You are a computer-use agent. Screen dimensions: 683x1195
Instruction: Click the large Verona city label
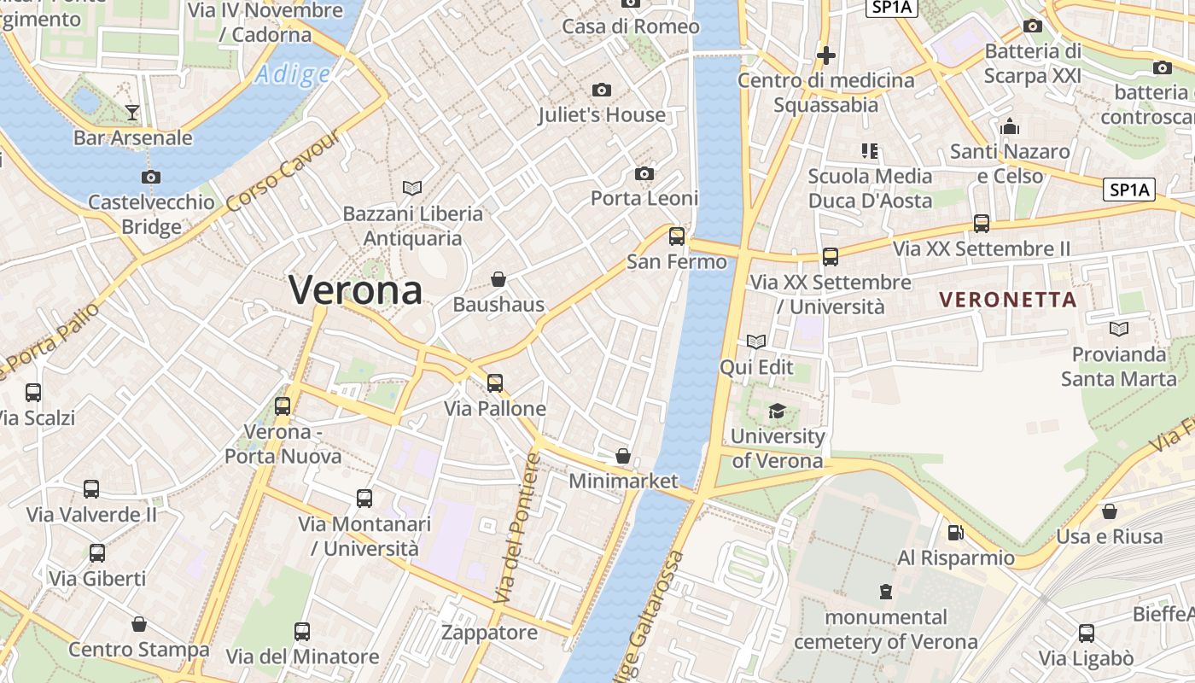coord(355,290)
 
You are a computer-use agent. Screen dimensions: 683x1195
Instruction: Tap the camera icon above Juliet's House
coord(602,90)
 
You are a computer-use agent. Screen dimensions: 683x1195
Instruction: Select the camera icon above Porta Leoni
coord(644,174)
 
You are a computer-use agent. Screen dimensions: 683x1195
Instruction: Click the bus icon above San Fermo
coord(677,236)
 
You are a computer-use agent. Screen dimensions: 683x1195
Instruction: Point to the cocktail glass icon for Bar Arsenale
coord(132,112)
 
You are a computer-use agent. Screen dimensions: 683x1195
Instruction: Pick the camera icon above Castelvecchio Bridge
coord(151,178)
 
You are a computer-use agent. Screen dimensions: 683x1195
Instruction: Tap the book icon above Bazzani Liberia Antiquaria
coord(412,188)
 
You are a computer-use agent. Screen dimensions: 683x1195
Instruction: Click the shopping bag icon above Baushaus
coord(498,279)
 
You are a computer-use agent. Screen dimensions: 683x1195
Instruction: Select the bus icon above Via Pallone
coord(495,383)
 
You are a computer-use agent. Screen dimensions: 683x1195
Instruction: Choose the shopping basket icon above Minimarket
coord(623,456)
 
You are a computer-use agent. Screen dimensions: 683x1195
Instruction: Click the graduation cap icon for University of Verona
coord(777,412)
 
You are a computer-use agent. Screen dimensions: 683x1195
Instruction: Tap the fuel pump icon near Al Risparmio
coord(955,533)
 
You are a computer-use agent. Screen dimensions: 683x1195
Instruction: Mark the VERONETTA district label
coord(1007,300)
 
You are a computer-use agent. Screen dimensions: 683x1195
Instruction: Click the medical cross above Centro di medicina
coord(825,55)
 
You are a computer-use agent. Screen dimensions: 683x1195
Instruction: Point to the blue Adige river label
coord(292,74)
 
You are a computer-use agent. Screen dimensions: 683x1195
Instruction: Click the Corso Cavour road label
coord(285,170)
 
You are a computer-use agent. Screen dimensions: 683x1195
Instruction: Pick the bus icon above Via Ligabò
coord(1086,633)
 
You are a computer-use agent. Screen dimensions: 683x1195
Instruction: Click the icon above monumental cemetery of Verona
coord(886,591)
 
